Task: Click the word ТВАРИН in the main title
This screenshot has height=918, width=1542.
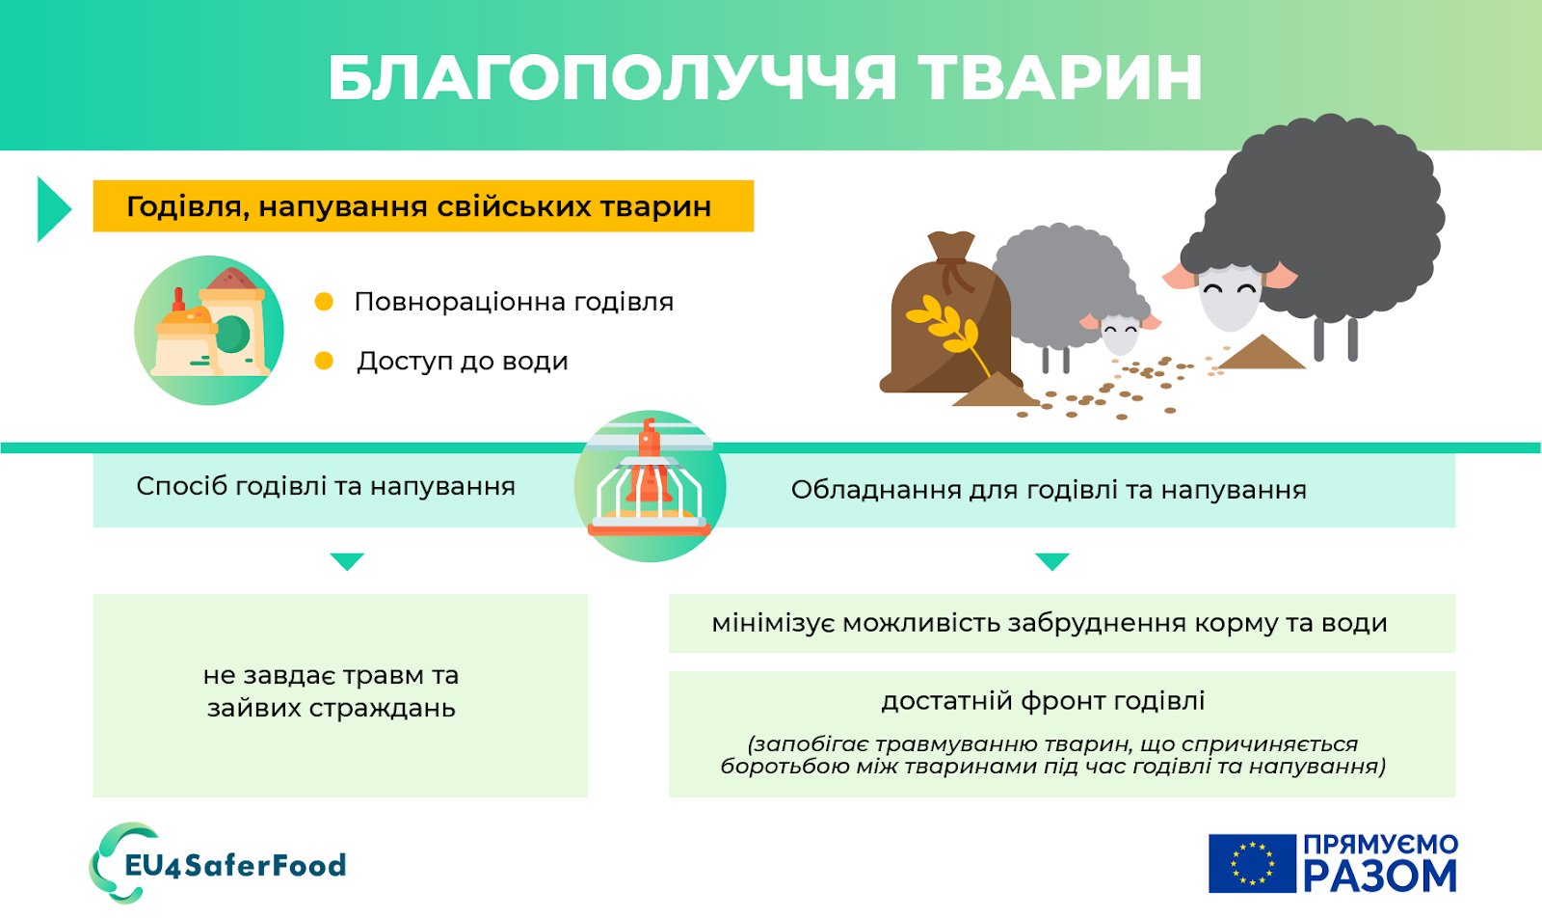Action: point(1060,77)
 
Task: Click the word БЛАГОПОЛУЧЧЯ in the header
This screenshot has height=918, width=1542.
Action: point(612,77)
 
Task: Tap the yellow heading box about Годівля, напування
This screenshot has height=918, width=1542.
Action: point(422,206)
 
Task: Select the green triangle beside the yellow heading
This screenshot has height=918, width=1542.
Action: point(52,208)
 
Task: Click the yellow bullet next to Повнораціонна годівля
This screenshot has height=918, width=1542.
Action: point(324,302)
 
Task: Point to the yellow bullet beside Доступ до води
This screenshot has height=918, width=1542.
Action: point(324,361)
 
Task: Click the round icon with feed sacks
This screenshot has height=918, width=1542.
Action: point(209,330)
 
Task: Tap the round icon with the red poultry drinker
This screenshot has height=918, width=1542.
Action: point(650,486)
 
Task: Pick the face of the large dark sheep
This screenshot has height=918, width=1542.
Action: point(1230,295)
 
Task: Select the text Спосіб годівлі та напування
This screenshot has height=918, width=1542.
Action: point(326,486)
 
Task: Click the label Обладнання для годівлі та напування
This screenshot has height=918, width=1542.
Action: point(1049,490)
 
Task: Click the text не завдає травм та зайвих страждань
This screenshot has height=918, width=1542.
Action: point(332,691)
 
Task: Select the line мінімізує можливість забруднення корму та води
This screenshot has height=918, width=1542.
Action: point(1049,623)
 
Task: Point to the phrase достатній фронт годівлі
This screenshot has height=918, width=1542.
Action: point(1043,701)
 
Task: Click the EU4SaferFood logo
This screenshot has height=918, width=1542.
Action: point(220,864)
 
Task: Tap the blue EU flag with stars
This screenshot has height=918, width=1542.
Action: point(1252,863)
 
